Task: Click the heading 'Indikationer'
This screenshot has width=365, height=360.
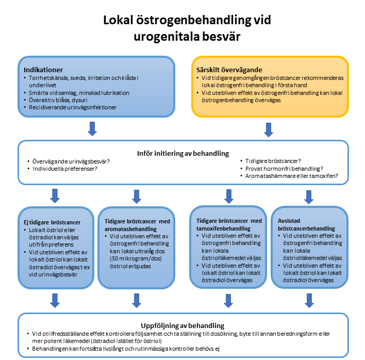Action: click(43, 70)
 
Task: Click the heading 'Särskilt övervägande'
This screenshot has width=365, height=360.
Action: click(229, 70)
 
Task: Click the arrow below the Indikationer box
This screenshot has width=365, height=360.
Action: click(92, 128)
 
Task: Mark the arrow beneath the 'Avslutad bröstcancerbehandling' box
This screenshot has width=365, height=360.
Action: click(308, 300)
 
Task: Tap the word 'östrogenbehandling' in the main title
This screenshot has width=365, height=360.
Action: click(189, 20)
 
